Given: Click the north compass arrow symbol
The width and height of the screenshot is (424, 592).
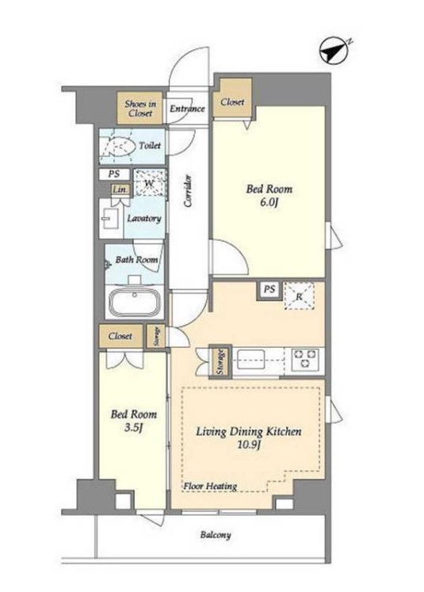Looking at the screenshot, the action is tap(334, 50).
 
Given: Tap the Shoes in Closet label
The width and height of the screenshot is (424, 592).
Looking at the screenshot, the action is tap(140, 109).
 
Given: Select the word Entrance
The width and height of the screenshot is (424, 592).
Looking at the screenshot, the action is tap(187, 109).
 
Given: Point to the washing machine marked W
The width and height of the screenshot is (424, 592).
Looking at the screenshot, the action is tap(150, 183).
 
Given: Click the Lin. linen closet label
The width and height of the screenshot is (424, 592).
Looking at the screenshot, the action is tap(120, 190).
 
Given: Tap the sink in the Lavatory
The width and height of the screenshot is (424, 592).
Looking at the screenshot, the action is tap(111, 218).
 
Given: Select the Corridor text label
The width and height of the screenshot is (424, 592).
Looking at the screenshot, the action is tap(188, 191).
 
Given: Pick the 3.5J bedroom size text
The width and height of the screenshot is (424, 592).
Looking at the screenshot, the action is tap(133, 428).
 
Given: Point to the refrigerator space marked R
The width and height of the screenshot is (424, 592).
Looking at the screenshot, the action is tap(300, 296).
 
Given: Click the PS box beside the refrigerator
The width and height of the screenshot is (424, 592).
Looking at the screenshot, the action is tap(269, 290).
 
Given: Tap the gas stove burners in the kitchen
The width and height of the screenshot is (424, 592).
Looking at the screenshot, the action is tap(305, 358).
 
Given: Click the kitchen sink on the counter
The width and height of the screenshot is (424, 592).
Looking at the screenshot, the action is tap(250, 359).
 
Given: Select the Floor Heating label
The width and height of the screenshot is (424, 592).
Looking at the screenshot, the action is tap(210, 486).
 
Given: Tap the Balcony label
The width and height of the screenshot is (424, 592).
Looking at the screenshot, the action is tap(216, 535).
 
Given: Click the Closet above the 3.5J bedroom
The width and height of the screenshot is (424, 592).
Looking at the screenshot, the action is tap(120, 336).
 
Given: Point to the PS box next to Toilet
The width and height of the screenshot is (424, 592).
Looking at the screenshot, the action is tap(114, 174).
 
